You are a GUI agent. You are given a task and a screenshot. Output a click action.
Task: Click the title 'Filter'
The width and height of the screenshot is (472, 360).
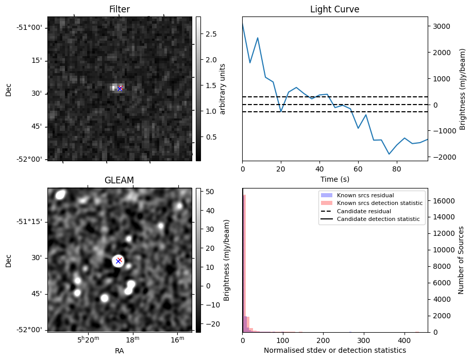[x=119, y=9]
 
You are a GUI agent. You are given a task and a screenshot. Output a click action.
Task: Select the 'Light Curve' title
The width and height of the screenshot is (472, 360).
[x=334, y=9]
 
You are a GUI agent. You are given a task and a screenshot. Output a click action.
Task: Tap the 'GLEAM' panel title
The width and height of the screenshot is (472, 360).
[x=119, y=180]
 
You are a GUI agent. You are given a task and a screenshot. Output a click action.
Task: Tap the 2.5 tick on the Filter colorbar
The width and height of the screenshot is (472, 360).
[x=211, y=34]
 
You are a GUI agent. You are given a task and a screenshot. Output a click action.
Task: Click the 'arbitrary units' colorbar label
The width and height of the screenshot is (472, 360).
[x=223, y=89]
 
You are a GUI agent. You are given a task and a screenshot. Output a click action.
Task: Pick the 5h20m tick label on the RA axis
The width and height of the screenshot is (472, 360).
[x=88, y=340]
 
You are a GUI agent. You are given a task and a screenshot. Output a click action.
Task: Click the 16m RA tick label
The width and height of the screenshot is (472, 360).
[x=177, y=340]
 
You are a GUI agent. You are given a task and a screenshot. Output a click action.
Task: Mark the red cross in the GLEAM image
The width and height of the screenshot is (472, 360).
[x=120, y=260]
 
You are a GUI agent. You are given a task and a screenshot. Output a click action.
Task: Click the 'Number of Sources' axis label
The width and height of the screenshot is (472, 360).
[x=462, y=260]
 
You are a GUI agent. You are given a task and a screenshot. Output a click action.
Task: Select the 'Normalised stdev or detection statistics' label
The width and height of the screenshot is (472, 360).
[x=334, y=350]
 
